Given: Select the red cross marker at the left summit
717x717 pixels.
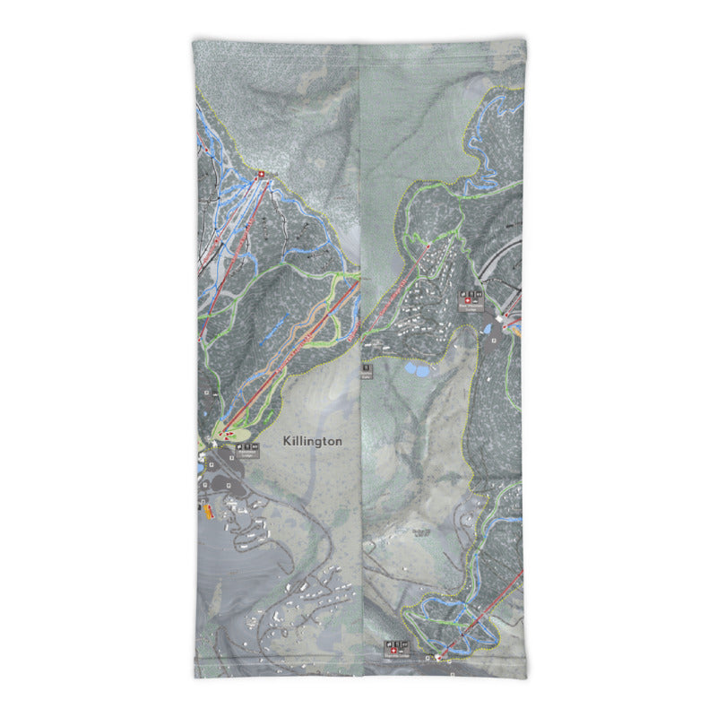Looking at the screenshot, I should point(261,175).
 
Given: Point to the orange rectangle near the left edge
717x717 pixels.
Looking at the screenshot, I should point(209,512).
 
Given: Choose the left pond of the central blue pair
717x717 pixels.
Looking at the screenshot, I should point(410,367).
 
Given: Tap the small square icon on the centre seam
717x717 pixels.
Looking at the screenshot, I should point(366,367).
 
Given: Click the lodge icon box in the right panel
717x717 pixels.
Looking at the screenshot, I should point(471,299).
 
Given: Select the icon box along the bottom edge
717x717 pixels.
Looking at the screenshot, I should point(395,646).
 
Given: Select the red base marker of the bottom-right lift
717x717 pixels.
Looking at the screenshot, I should point(438,658).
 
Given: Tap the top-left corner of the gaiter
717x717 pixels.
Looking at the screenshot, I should point(194,40).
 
